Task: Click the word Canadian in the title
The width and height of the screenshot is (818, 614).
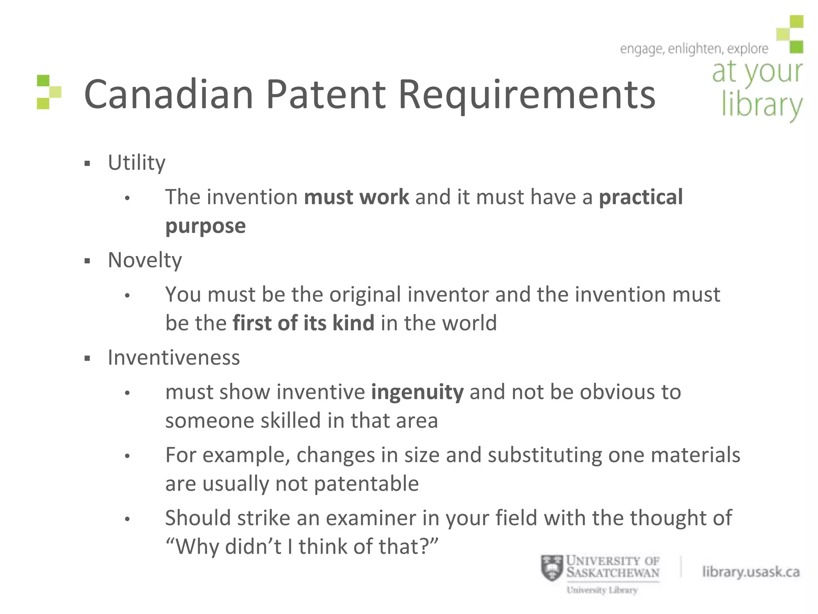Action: [169, 94]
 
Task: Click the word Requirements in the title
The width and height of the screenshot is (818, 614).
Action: [527, 94]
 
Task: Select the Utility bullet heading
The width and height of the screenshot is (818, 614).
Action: [137, 163]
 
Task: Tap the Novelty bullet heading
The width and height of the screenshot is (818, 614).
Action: [145, 260]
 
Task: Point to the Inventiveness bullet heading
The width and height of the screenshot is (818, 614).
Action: [174, 357]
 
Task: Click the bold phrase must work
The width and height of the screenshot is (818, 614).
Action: [356, 197]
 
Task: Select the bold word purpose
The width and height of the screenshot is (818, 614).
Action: [205, 226]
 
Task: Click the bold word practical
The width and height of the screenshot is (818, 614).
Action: [641, 197]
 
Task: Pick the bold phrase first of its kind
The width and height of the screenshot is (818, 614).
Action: [303, 323]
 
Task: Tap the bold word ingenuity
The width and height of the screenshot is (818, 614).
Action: [417, 392]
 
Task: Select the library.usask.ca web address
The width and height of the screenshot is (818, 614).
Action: [750, 572]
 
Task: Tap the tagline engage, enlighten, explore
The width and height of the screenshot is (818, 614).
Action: [693, 49]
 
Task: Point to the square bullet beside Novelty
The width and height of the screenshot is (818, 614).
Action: [87, 261]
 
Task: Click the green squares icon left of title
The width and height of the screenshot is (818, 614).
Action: [49, 92]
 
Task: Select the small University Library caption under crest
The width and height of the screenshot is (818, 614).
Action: [602, 590]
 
